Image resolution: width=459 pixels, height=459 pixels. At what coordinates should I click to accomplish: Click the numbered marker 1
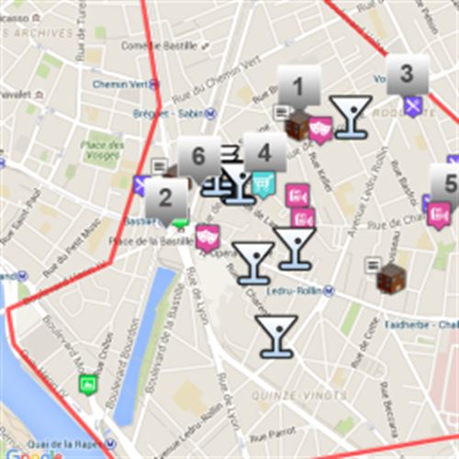tap(297, 88)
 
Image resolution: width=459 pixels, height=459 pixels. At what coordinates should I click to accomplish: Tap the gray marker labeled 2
tap(165, 197)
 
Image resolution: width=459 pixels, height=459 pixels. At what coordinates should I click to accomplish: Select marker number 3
tap(407, 74)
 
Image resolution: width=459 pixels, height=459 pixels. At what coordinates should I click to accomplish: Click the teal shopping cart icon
tap(263, 185)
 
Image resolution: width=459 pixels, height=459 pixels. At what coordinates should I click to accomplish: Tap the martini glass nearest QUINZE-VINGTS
tap(275, 335)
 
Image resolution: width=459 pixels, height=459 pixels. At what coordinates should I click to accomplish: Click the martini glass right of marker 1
tap(351, 117)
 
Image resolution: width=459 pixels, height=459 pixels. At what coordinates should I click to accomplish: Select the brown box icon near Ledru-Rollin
tap(391, 276)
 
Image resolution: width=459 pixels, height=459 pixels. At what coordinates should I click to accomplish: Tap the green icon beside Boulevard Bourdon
tap(87, 384)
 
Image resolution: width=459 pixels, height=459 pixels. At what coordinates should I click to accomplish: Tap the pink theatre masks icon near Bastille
tap(207, 238)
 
